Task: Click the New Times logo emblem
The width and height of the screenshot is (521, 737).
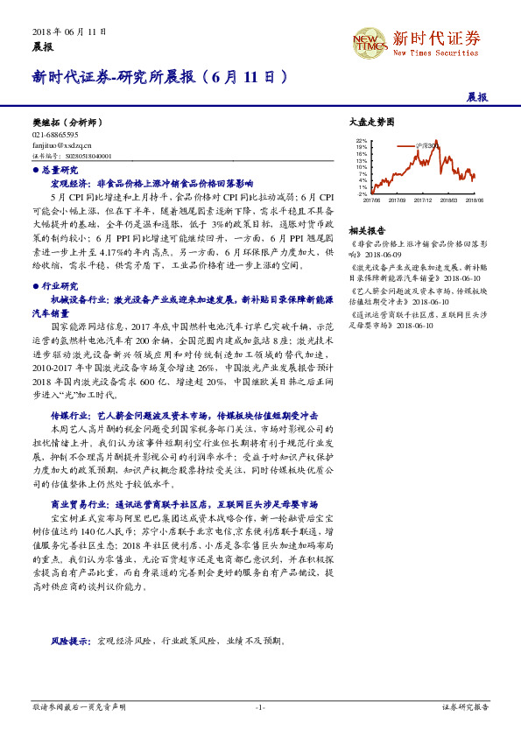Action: pyautogui.click(x=369, y=42)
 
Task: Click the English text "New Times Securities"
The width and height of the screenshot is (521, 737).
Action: pyautogui.click(x=436, y=53)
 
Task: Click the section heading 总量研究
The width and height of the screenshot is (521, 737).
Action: pyautogui.click(x=60, y=170)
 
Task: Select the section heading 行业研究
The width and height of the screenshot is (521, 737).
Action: pyautogui.click(x=60, y=285)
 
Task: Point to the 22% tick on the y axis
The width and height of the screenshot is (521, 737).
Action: pyautogui.click(x=363, y=140)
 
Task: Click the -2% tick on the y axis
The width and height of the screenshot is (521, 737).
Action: pyautogui.click(x=363, y=194)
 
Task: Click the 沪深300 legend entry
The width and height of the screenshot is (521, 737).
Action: pyautogui.click(x=430, y=144)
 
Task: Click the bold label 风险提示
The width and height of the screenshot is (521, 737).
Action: pyautogui.click(x=69, y=642)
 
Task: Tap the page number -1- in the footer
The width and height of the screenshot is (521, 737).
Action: pyautogui.click(x=259, y=705)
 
